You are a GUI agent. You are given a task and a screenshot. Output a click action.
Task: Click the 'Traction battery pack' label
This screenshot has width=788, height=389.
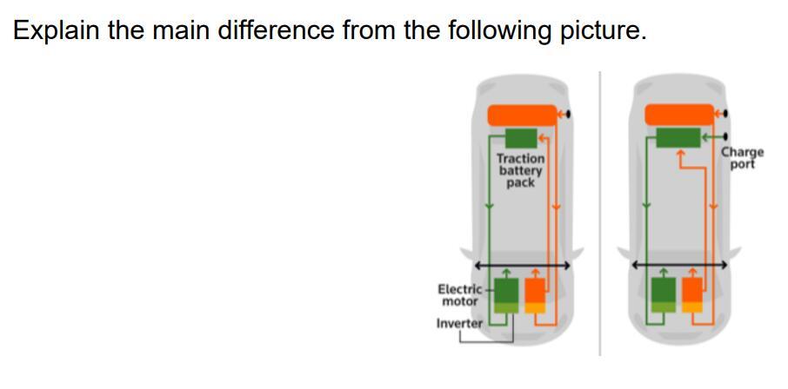click(x=521, y=170)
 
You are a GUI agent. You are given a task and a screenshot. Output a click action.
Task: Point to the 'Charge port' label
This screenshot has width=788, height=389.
click(x=742, y=157)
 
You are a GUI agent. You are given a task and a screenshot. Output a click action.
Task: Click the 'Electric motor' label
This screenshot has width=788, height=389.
click(x=460, y=295)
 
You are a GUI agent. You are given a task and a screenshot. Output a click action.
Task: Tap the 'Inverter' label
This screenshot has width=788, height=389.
click(x=459, y=323)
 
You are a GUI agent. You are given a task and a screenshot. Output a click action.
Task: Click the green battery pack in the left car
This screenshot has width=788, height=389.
click(x=521, y=138)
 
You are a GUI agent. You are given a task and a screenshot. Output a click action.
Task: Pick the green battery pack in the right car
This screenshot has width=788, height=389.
click(x=678, y=137)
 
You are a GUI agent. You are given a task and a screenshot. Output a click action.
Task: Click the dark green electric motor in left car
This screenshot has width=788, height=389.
click(x=506, y=291)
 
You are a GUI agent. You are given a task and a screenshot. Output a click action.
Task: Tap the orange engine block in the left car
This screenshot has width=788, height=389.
click(x=535, y=291)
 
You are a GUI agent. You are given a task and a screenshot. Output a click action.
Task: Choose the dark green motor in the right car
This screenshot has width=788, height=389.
click(x=664, y=289)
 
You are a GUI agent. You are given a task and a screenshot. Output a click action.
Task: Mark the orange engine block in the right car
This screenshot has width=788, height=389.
click(x=692, y=289)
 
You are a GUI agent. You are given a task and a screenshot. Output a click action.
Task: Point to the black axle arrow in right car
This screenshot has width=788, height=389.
click(x=679, y=263)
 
